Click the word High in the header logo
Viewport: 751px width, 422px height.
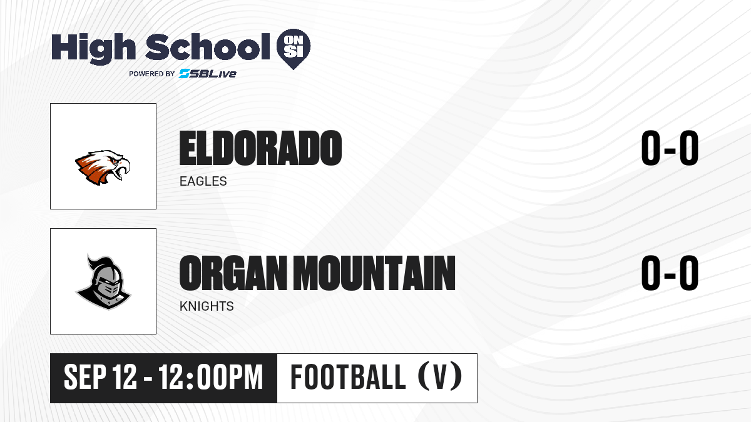(93, 48)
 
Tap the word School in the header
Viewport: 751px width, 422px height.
(208, 46)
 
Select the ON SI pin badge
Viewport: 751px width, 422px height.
(294, 49)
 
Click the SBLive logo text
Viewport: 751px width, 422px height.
(208, 74)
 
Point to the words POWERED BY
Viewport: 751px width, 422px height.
(152, 74)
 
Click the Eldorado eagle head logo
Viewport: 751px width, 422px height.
(103, 167)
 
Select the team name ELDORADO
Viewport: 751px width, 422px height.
(260, 148)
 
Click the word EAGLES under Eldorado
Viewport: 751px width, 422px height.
(203, 181)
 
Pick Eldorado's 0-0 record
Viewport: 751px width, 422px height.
(670, 148)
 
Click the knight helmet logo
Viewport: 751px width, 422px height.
(103, 281)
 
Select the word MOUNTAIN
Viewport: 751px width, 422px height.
(374, 273)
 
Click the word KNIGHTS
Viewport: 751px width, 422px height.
(207, 306)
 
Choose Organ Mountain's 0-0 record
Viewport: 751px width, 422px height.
(670, 273)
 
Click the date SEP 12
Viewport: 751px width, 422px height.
(100, 377)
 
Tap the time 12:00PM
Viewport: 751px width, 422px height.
(210, 377)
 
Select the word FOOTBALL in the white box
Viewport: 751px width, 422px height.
(349, 377)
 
